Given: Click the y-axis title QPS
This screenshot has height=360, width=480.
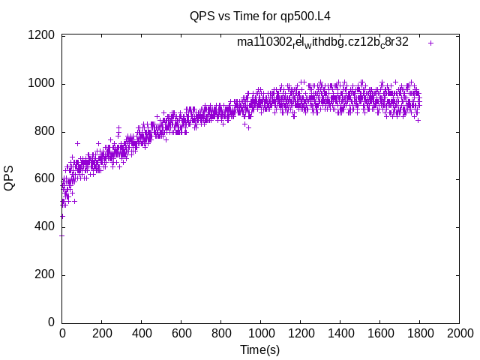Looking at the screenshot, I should point(9,179).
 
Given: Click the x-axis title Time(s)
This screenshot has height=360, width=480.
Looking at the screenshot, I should point(260,350).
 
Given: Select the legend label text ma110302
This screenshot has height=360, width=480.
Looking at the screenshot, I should point(322,43).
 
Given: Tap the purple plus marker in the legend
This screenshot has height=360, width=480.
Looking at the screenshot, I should point(430,43).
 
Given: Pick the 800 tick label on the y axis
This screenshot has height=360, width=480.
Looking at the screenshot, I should point(43,131).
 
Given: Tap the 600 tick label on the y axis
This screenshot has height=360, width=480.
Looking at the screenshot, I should point(43,179).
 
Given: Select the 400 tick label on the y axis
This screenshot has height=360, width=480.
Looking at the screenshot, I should point(43,227).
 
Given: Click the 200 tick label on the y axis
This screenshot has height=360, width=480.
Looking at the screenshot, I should point(43,275).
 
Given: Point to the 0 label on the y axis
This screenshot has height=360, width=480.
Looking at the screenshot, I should point(51,322).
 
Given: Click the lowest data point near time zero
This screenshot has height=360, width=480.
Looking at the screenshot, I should point(61,235).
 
